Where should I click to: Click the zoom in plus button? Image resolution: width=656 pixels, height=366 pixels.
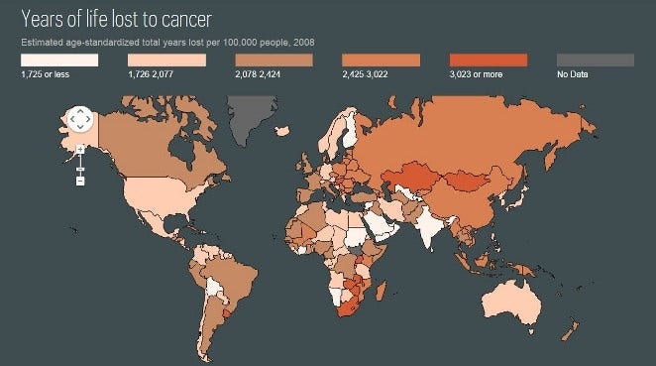80,149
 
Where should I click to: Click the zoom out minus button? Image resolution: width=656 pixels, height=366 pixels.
80,181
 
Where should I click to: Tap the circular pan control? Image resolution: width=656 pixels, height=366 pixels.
80,120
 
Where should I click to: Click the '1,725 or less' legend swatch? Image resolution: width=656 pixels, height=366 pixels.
59,61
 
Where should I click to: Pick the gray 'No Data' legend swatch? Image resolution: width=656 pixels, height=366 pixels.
595,61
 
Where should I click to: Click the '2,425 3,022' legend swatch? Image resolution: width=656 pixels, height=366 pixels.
381,61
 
